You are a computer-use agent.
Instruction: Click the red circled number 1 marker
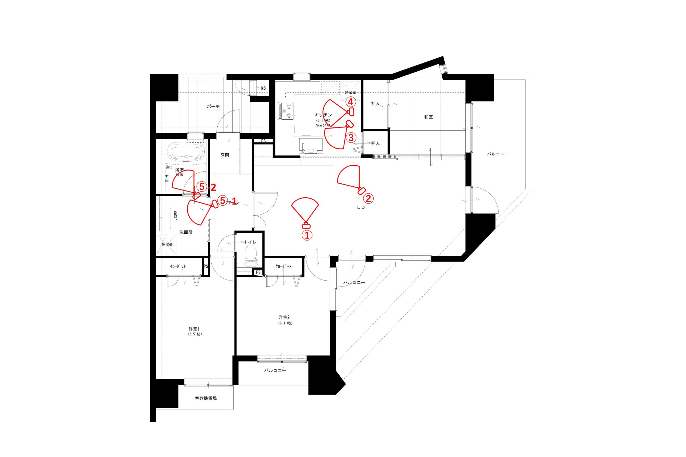click(307, 236)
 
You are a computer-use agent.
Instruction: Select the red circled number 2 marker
click(368, 198)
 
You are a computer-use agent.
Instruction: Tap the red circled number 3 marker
click(351, 137)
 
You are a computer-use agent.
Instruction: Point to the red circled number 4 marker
click(351, 102)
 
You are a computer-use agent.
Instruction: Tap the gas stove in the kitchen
click(287, 111)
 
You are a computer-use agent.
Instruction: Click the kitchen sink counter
click(311, 145)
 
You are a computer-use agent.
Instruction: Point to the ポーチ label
click(213, 107)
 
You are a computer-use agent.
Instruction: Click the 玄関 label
click(225, 155)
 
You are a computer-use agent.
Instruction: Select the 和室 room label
click(428, 117)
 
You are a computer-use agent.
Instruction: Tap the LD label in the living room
click(361, 208)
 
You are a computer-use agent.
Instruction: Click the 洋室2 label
click(284, 318)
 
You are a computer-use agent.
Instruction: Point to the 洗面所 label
click(186, 232)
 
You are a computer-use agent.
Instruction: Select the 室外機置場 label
click(206, 398)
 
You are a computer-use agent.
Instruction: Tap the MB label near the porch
click(263, 88)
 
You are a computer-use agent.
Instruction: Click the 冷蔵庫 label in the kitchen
click(350, 92)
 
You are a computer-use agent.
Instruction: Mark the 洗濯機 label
click(167, 244)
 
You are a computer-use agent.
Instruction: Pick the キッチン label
click(323, 115)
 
